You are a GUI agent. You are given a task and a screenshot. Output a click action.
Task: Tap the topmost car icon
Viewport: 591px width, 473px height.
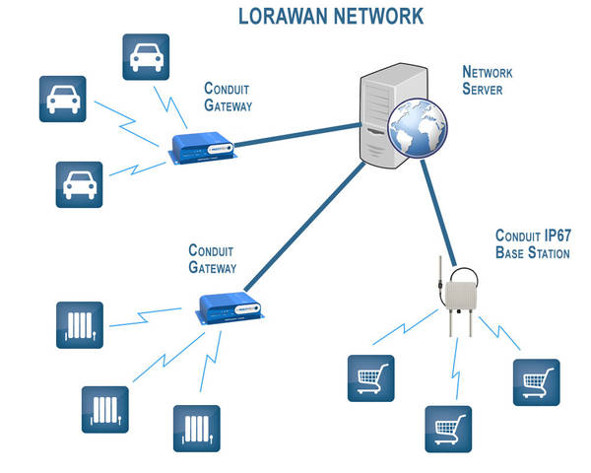(x=146, y=58)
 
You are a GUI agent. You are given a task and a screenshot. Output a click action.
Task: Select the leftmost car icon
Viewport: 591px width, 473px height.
(x=63, y=99)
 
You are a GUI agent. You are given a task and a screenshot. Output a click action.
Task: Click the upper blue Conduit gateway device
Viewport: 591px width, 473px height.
(x=201, y=148)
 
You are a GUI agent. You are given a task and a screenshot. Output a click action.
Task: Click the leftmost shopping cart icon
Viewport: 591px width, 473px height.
(x=370, y=378)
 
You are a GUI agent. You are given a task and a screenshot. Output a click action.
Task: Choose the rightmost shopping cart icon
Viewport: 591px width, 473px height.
(x=537, y=383)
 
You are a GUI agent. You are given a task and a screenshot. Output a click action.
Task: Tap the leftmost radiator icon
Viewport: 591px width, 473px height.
(x=80, y=326)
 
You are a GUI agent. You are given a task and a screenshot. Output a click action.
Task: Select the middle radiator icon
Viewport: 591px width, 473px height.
(x=104, y=408)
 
